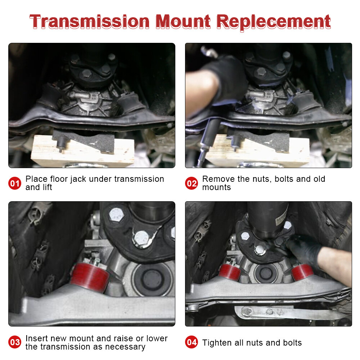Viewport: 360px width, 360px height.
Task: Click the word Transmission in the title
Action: [x=89, y=22]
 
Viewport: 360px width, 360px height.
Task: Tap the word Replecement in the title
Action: [x=274, y=22]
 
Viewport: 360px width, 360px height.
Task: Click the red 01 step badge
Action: [x=15, y=184]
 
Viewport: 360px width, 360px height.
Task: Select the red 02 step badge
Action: [x=192, y=184]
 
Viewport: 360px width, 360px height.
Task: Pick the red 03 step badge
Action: [x=15, y=342]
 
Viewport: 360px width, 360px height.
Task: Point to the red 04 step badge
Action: [x=192, y=342]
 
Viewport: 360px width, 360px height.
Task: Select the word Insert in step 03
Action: [x=37, y=339]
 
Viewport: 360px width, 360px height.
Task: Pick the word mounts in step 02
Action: [x=216, y=188]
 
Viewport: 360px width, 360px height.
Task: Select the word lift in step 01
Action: [x=47, y=188]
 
